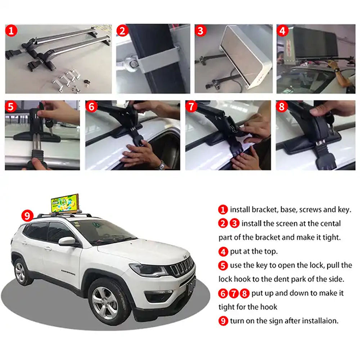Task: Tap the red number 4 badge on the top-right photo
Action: coord(282,30)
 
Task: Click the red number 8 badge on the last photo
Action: coord(282,107)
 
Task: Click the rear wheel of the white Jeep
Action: coord(23,271)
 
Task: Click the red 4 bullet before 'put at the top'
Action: coord(223,252)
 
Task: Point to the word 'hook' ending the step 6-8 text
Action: coord(267,307)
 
